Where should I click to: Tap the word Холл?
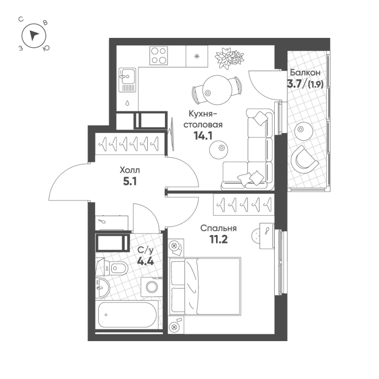point(130,169)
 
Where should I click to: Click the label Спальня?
point(218,228)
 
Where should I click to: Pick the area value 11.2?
point(218,239)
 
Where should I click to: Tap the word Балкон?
point(306,73)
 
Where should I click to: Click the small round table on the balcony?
point(302,129)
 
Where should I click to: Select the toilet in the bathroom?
point(116,268)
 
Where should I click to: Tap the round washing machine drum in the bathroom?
point(153,287)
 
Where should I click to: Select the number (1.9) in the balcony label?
point(315,85)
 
